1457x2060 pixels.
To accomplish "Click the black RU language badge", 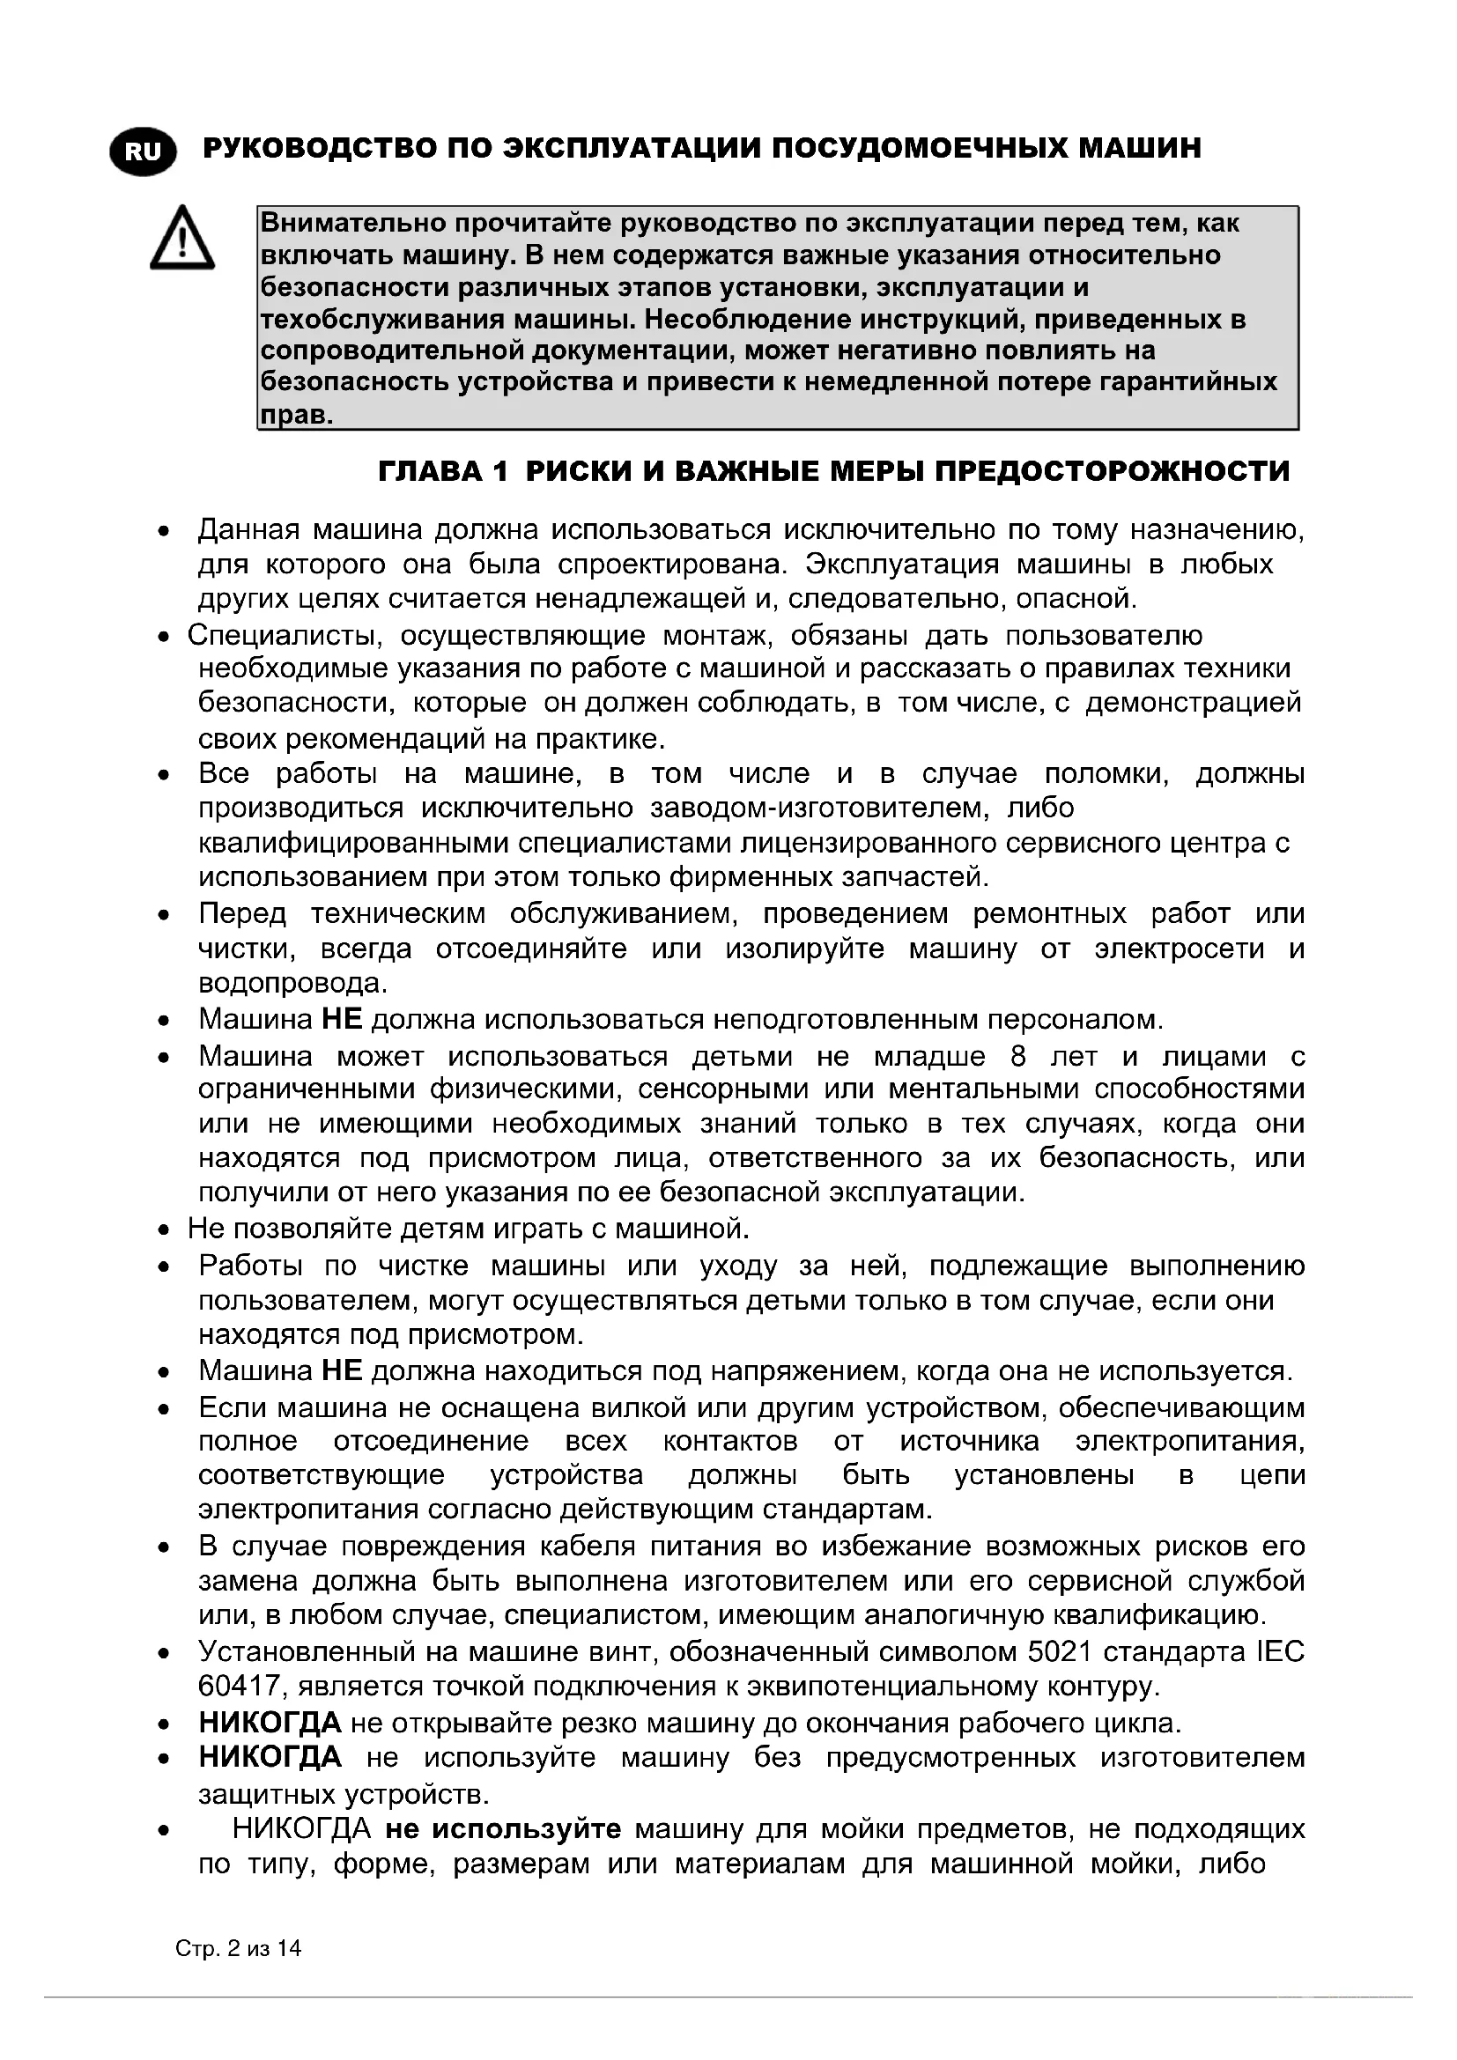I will (143, 151).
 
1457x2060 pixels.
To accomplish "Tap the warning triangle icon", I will (182, 239).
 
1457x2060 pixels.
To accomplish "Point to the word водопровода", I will (292, 984).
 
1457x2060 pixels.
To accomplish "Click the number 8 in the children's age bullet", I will (1017, 1056).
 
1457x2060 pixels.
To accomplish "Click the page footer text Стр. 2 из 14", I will (238, 1948).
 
